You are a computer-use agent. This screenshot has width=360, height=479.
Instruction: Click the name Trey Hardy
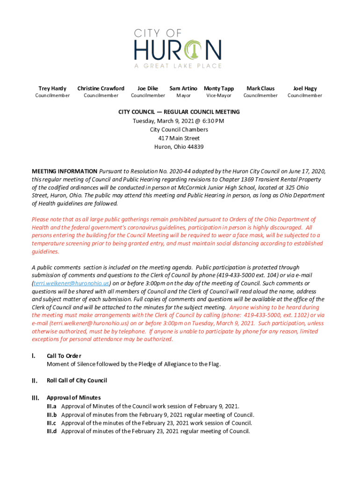coord(52,88)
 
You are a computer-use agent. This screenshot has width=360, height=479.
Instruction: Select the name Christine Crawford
coord(101,88)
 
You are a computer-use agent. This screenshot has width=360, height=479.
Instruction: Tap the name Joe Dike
coord(148,88)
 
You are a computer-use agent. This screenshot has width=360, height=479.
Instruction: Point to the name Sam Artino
coord(183,88)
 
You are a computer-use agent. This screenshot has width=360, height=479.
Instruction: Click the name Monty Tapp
coord(219,88)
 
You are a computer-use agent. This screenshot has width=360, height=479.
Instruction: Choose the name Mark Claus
coord(260,88)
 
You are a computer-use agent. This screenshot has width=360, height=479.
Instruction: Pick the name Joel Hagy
coord(305,88)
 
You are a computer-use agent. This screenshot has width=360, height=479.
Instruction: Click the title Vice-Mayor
coord(219,96)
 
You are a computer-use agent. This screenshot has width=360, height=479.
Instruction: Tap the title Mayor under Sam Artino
coord(183,96)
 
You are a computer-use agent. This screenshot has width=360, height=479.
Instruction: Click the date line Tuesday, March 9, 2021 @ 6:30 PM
coord(179,121)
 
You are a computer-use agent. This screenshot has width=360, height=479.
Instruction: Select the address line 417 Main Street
coord(179,138)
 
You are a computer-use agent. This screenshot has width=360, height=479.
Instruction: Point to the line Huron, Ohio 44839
coord(179,146)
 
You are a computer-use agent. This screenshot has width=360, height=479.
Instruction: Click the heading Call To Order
coord(64,356)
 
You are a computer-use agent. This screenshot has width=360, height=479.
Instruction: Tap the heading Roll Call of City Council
coord(77,381)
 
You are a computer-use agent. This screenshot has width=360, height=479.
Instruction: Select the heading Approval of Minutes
coord(73,398)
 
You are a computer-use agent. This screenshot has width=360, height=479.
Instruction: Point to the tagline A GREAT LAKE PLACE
coord(178,66)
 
